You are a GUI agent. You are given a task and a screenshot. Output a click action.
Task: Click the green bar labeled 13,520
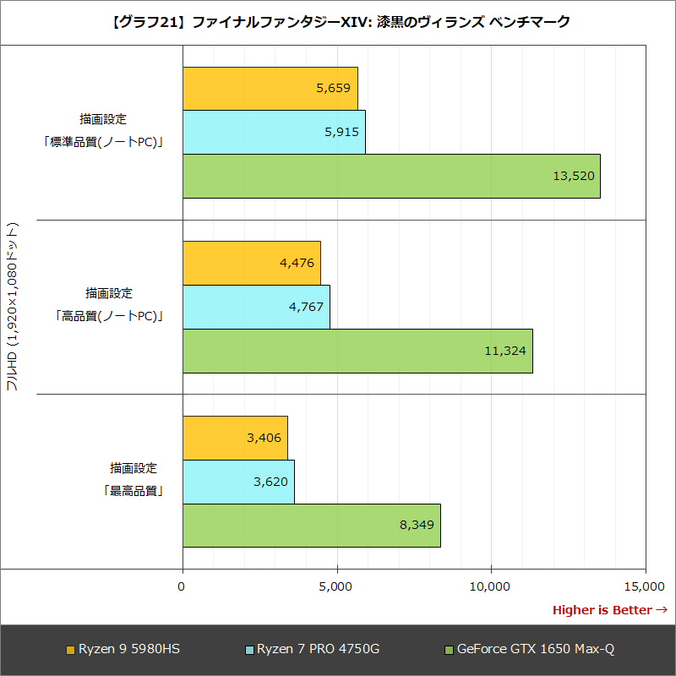tap(391, 176)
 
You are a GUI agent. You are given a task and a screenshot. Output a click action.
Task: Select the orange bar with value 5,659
tap(270, 88)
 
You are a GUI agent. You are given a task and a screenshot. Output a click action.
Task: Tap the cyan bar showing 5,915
tap(274, 132)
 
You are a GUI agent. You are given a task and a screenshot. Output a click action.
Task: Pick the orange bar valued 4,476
tap(251, 263)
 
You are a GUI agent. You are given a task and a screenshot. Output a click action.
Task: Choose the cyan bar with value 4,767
tap(256, 307)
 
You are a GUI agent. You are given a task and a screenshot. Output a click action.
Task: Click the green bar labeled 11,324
tap(357, 351)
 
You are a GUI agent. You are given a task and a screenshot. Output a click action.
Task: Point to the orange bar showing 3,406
tap(235, 438)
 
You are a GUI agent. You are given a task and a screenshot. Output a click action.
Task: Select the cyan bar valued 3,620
tap(238, 482)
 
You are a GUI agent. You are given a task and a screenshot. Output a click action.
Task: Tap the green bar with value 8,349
tap(311, 526)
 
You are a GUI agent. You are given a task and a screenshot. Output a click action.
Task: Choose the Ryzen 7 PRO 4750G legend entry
tap(312, 650)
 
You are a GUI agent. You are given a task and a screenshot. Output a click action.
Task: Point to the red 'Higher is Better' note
tap(609, 610)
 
